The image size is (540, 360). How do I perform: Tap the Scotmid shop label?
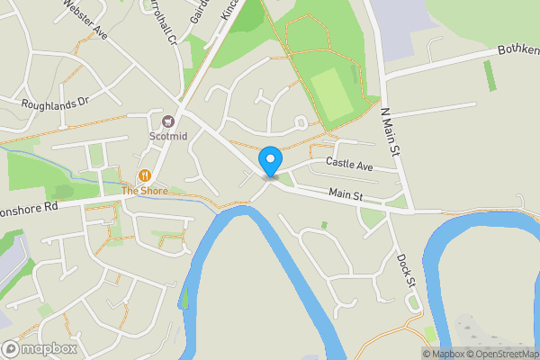tap(167, 137)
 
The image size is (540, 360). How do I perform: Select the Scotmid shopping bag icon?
tap(167, 121)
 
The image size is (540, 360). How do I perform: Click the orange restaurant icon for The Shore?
tap(143, 175)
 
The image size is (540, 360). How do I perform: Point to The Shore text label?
tap(143, 191)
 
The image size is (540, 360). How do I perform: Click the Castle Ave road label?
tap(349, 165)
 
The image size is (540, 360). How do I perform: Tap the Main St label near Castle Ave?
tap(346, 193)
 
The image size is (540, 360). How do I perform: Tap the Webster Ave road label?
tap(85, 20)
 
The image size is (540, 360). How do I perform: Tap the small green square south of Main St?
tap(323, 224)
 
